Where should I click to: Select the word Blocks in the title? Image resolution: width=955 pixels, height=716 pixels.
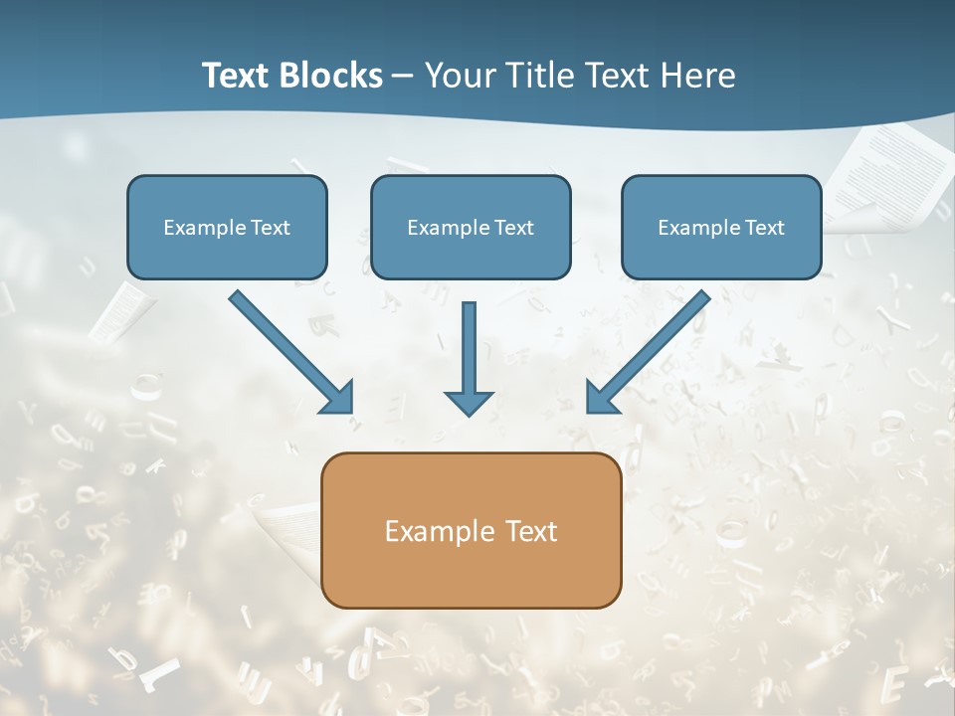point(331,76)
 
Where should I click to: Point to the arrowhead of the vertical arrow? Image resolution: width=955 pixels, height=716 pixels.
point(469,402)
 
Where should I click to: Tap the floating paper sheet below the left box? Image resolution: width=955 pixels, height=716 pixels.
point(122,308)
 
